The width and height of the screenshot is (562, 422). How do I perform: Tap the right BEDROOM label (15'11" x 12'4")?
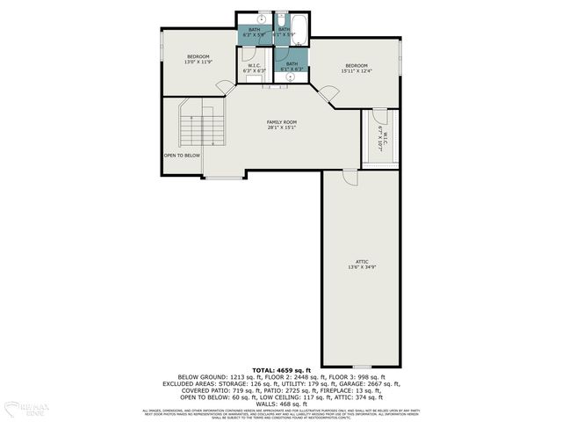(x=356, y=69)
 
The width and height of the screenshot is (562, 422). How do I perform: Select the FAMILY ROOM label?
(x=282, y=125)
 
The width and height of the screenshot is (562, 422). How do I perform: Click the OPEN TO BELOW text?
(x=182, y=156)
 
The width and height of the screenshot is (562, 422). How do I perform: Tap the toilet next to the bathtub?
(x=283, y=19)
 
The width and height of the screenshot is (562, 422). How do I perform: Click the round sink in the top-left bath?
(x=262, y=18)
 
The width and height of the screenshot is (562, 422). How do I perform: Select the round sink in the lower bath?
(x=290, y=77)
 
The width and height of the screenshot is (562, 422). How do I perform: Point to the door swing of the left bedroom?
(x=226, y=86)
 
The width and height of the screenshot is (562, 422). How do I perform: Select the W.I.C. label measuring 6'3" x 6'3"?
(x=255, y=68)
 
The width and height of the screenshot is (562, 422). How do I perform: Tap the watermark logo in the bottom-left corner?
(x=25, y=408)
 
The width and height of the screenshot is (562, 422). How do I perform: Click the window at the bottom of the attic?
(x=361, y=367)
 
